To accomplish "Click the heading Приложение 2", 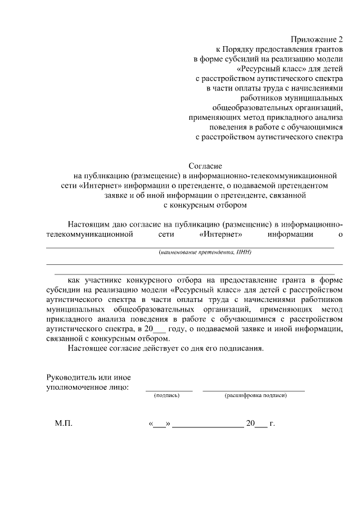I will pyautogui.click(x=316, y=39).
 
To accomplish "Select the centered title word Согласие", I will pyautogui.click(x=205, y=166).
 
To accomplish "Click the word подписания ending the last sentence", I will pyautogui.click(x=241, y=349).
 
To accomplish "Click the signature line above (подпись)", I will pyautogui.click(x=169, y=389).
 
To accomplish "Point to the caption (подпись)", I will pyautogui.click(x=166, y=396).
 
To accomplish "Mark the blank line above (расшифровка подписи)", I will pyautogui.click(x=253, y=389).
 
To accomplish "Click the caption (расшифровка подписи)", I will pyautogui.click(x=256, y=396).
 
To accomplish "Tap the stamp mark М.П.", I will pyautogui.click(x=64, y=424).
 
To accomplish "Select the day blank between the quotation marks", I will pyautogui.click(x=160, y=425).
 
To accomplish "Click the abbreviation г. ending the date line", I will pyautogui.click(x=272, y=424).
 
